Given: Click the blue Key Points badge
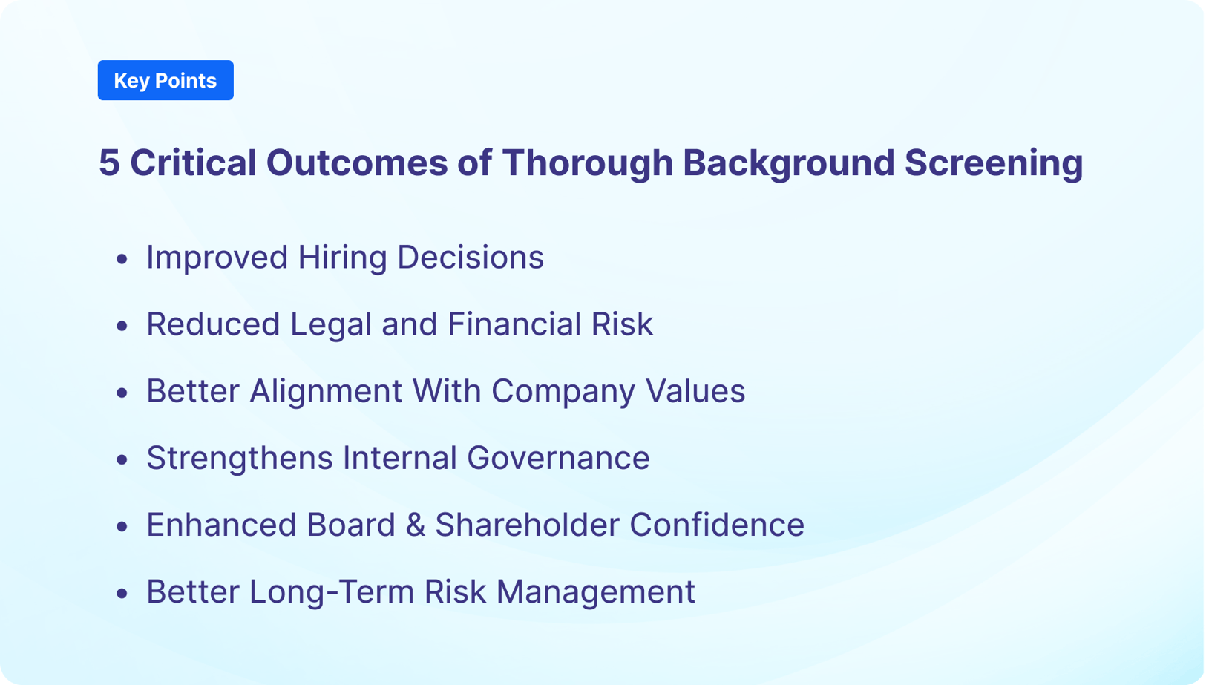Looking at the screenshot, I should (x=166, y=80).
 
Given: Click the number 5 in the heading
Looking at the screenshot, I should (x=109, y=163).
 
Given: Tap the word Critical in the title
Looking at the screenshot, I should (x=193, y=163).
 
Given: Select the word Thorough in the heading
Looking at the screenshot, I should (x=587, y=163).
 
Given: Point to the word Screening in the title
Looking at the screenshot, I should (x=993, y=163).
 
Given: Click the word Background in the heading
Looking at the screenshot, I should (x=788, y=163).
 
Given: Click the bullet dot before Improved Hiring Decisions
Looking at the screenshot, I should (x=122, y=259).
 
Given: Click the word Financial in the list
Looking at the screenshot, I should (x=514, y=324).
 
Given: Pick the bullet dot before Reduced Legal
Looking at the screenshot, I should (x=122, y=326).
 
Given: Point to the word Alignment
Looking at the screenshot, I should (x=325, y=391).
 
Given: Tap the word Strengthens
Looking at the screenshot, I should (x=239, y=458).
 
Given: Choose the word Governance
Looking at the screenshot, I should (x=557, y=458).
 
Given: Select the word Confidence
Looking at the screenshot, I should (x=716, y=525).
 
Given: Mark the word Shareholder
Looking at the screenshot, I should (x=527, y=525).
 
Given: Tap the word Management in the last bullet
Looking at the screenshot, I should (x=595, y=591).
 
